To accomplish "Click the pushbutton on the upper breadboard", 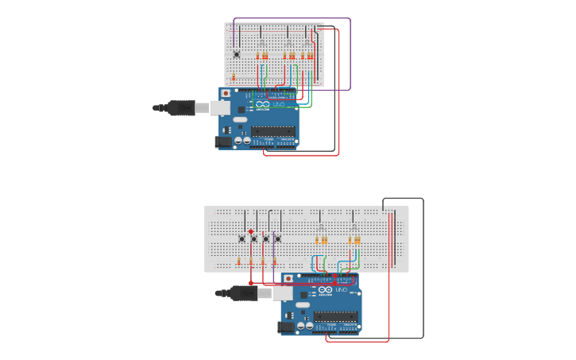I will (236, 54).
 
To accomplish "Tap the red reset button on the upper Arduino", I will (226, 93).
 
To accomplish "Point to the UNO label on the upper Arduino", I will (279, 104).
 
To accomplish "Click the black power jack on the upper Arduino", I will (223, 141).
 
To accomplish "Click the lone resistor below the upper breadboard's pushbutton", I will (234, 76).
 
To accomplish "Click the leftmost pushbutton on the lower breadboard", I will (242, 238).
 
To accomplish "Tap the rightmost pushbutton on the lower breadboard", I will (278, 238).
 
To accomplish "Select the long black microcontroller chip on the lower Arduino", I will (335, 316).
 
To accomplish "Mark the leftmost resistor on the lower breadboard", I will (239, 261).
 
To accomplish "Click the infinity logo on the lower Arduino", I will (325, 291).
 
